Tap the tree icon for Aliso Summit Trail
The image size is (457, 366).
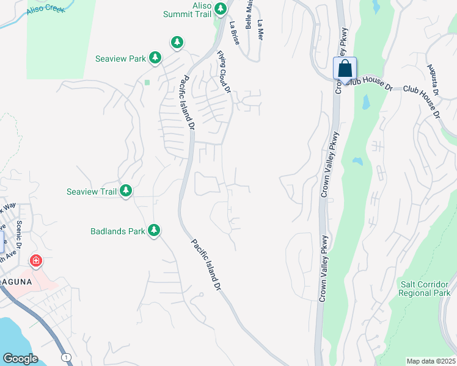pyautogui.click(x=221, y=9)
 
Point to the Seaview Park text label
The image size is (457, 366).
pyautogui.click(x=120, y=59)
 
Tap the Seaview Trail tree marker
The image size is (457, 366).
pyautogui.click(x=126, y=191)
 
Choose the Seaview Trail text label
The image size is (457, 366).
pyautogui.click(x=92, y=192)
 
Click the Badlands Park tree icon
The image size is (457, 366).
pyautogui.click(x=155, y=230)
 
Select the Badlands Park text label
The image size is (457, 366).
pyautogui.click(x=118, y=231)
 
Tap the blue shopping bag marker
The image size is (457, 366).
pyautogui.click(x=345, y=68)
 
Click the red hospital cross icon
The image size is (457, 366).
pyautogui.click(x=36, y=261)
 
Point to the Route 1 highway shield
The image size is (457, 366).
pyautogui.click(x=66, y=356)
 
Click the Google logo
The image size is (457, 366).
pyautogui.click(x=20, y=358)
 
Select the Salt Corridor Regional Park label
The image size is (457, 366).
pyautogui.click(x=424, y=289)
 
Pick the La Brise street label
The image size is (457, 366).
pyautogui.click(x=234, y=30)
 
